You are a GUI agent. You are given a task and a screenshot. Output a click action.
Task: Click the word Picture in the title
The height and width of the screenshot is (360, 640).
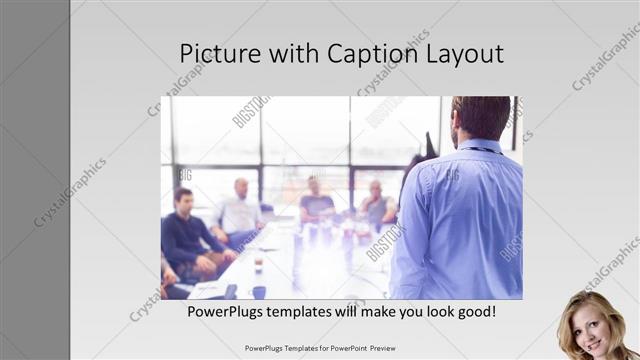pos(216,54)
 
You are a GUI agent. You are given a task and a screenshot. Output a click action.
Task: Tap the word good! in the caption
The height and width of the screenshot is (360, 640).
pos(474,312)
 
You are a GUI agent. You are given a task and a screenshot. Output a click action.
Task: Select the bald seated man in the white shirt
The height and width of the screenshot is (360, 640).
pos(239,211)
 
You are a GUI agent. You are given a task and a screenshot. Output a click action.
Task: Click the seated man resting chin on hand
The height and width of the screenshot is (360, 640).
pos(376,205)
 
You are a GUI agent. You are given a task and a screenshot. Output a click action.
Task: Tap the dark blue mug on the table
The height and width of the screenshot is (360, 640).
pos(259,293)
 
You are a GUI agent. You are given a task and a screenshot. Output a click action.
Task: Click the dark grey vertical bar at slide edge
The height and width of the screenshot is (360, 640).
pos(34,180)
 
